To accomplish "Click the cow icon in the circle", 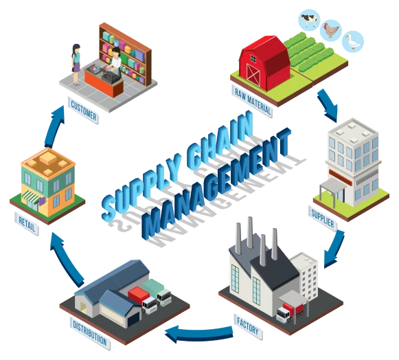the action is [x=309, y=19].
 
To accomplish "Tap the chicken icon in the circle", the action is [x=331, y=30].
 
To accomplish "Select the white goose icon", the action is [x=353, y=41].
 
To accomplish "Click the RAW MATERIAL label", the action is [x=252, y=101].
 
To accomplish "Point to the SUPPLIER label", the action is [x=322, y=218].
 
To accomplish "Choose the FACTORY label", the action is [x=248, y=326].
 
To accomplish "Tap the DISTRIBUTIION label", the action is [x=90, y=333].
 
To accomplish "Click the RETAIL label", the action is [x=27, y=224].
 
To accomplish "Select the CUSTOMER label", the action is [x=83, y=111].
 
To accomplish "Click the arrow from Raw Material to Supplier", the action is [x=328, y=105].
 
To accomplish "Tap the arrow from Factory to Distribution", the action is [x=198, y=333].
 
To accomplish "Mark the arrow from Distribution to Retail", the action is [x=67, y=258].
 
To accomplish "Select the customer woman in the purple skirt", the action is [x=76, y=65].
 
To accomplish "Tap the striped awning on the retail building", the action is [x=32, y=197].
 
